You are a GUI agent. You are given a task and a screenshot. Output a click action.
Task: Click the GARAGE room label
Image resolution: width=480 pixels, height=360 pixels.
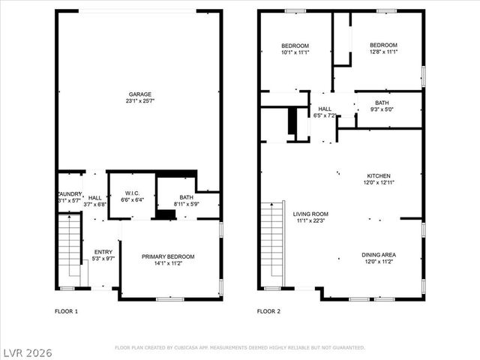tap(139, 94)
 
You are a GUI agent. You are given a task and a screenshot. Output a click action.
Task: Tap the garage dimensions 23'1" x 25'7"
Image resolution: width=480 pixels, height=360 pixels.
tap(139, 101)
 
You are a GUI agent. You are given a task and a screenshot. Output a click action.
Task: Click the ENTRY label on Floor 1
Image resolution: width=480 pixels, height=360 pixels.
tap(102, 252)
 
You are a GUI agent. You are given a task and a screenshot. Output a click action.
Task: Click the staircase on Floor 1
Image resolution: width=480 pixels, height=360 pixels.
tap(69, 247)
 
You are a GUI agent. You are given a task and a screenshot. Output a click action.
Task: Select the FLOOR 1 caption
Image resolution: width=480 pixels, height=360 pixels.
tap(67, 311)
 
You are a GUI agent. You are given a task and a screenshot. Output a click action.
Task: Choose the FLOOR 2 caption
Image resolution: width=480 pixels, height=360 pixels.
tap(268, 311)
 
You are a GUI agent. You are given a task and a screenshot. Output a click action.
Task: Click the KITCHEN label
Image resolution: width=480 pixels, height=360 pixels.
tap(379, 175)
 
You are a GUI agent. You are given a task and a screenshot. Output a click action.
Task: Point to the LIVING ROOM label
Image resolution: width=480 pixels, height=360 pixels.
tap(310, 214)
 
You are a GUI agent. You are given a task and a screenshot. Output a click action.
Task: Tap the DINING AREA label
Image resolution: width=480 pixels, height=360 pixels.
tap(379, 255)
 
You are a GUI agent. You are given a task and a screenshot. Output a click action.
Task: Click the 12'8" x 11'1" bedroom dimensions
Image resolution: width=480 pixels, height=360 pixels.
tap(382, 52)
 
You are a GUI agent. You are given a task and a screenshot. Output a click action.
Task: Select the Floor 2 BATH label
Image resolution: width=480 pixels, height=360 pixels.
tap(382, 103)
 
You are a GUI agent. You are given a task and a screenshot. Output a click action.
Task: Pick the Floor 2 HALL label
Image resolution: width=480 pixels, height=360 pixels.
tap(325, 109)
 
